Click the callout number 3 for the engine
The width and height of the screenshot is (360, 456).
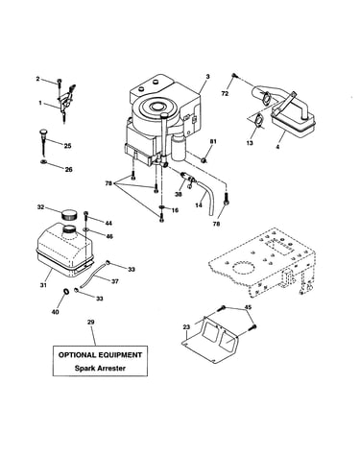[207, 77]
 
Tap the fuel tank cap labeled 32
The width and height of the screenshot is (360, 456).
[70, 213]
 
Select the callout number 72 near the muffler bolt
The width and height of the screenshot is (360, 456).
[225, 93]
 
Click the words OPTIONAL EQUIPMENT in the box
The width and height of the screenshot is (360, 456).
[100, 355]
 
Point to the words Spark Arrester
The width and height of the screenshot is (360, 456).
[100, 368]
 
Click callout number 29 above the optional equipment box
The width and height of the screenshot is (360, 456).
[90, 322]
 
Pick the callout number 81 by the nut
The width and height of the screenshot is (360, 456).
[213, 141]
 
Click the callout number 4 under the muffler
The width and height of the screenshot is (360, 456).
[277, 147]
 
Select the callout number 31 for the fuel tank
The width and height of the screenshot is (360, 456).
[43, 285]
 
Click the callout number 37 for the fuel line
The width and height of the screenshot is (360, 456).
[114, 281]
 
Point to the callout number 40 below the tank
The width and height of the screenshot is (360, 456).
[56, 312]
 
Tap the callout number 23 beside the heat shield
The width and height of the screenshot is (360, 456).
[186, 327]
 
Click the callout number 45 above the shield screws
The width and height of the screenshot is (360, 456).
[248, 307]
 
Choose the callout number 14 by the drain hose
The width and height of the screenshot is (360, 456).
[199, 204]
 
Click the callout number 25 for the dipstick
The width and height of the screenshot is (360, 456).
[67, 146]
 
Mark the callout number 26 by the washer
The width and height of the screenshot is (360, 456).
[69, 170]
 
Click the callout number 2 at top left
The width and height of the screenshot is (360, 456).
[37, 79]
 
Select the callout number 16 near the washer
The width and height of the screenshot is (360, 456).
[175, 210]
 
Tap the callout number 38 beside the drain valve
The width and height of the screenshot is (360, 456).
[178, 194]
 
